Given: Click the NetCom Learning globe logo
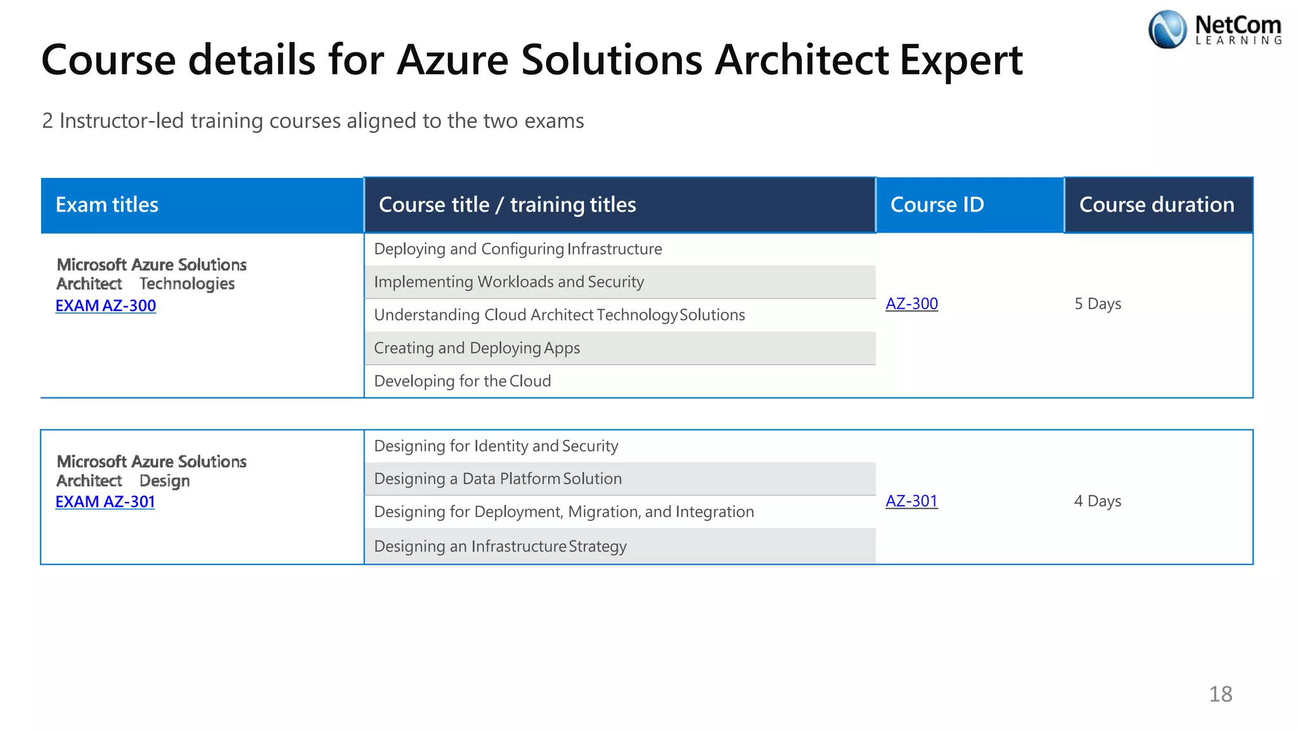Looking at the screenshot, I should [x=1167, y=30].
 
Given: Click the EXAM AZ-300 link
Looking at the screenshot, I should [x=106, y=305].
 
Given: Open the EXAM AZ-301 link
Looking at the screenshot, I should [x=105, y=502].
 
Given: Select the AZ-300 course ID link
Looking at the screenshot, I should [x=911, y=304].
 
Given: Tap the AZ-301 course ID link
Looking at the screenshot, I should [x=911, y=501].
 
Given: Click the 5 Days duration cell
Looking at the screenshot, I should [x=1098, y=304].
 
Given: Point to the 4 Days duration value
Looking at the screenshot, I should [x=1098, y=501].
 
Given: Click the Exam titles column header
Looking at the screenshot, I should [x=107, y=205].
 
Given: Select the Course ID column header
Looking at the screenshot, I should [x=937, y=205].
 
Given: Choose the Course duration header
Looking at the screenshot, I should [x=1157, y=205].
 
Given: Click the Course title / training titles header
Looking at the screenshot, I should [x=507, y=205].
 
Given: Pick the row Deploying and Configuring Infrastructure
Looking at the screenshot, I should [x=518, y=249].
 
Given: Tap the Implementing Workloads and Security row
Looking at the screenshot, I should [x=509, y=282].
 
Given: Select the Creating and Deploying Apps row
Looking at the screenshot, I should [x=477, y=348].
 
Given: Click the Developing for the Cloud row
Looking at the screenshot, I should [x=463, y=381].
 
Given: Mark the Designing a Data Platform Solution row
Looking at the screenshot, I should [x=498, y=479].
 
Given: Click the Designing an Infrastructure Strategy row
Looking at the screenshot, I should [x=500, y=546].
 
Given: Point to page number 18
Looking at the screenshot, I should [x=1220, y=694].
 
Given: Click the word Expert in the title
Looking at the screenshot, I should [x=961, y=60].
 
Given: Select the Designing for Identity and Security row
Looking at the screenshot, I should [x=496, y=446].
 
